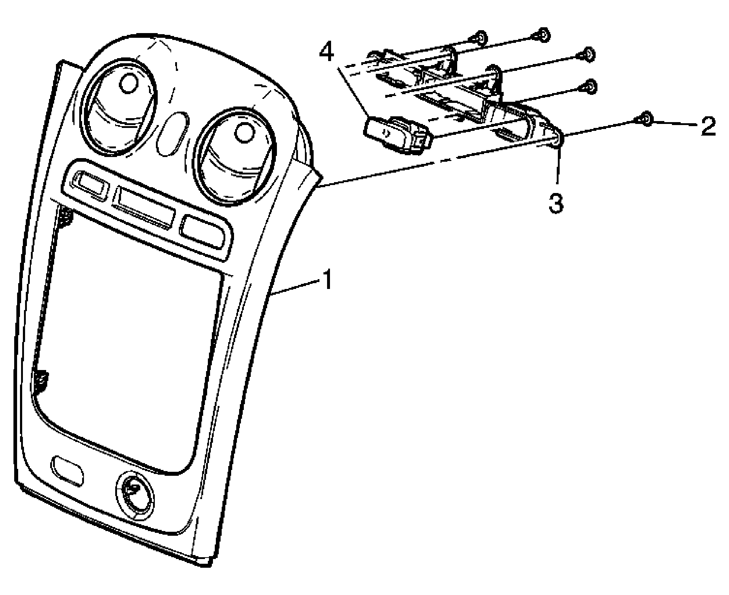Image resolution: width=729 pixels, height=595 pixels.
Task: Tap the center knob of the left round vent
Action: (129, 83)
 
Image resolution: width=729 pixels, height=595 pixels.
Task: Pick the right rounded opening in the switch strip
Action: (205, 233)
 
